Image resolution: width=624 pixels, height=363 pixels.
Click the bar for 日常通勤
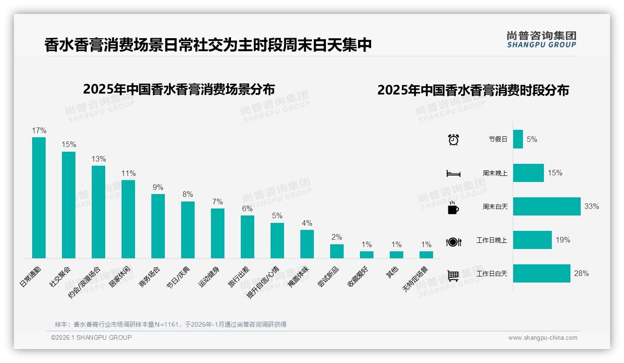tap(39, 197)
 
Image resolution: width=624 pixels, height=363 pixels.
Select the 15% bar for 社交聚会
tap(68, 205)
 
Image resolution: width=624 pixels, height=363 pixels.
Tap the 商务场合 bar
tap(158, 226)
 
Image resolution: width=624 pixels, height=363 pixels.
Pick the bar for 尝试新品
tap(337, 251)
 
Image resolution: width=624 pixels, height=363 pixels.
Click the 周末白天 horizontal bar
tap(547, 206)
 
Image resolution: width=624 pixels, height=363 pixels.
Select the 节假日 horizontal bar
tap(518, 139)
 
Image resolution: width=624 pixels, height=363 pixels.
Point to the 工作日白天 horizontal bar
tap(542, 274)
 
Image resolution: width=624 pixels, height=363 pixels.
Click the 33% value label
tap(591, 206)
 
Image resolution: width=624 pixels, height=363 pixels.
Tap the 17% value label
tap(39, 130)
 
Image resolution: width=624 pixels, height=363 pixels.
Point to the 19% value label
tap(563, 240)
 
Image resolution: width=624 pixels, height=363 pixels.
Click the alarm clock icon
tap(453, 139)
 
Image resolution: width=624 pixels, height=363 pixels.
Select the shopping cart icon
tap(453, 276)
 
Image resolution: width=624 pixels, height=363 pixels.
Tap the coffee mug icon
tap(453, 208)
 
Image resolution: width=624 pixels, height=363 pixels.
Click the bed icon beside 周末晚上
tap(453, 174)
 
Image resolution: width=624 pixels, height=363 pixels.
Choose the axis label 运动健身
tap(209, 277)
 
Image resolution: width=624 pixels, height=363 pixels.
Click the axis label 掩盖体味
tap(298, 277)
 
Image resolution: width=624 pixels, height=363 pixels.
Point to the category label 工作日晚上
tap(492, 241)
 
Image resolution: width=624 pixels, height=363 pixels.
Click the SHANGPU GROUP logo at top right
tap(541, 40)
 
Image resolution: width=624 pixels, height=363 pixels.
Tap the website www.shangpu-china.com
tap(543, 338)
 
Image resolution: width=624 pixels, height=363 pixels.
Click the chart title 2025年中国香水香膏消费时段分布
tap(473, 90)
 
